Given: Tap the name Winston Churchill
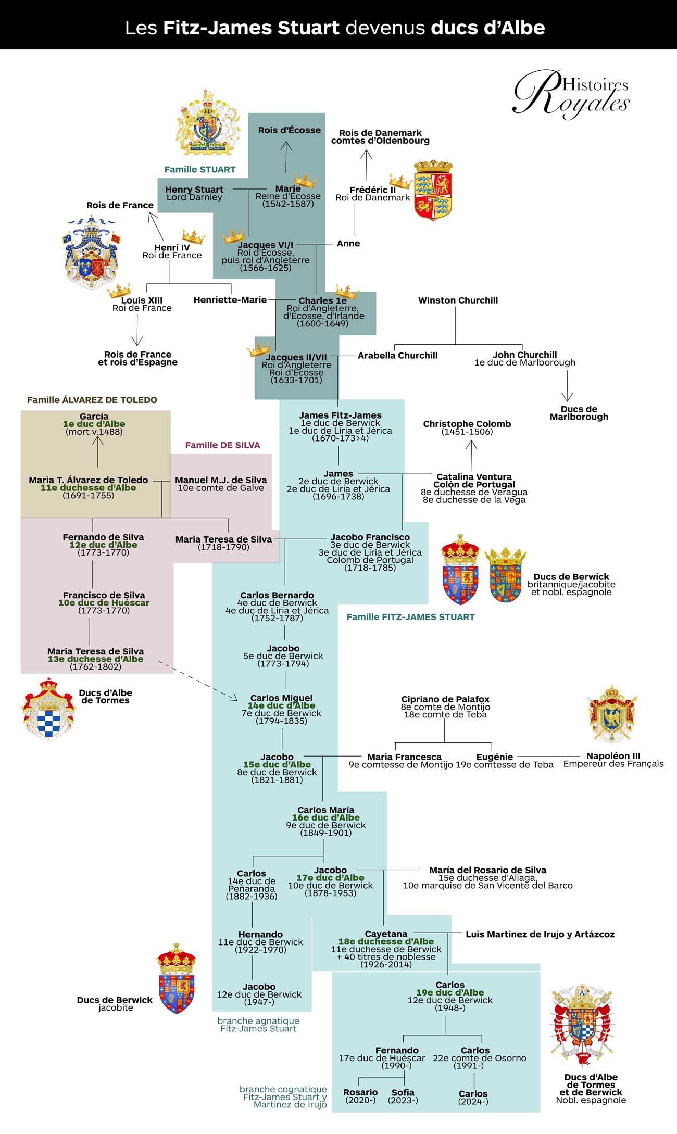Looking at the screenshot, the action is [458, 300].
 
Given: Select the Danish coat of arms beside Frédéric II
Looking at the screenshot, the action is [433, 191].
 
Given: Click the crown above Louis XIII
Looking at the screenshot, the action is [119, 290].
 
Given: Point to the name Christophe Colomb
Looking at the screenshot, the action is [467, 424].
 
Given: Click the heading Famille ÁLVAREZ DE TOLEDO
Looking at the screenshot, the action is [92, 400].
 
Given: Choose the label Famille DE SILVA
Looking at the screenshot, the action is [222, 445].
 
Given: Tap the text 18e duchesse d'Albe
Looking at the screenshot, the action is [386, 941].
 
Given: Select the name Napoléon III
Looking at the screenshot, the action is [613, 756].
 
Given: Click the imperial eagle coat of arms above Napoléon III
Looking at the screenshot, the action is [612, 713].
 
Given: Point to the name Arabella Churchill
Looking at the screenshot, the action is [397, 356].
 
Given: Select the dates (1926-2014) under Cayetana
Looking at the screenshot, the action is [386, 964].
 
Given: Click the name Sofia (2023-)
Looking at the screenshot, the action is [403, 1096].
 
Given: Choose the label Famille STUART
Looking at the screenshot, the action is [200, 169].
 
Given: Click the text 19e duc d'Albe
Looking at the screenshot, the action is [450, 992].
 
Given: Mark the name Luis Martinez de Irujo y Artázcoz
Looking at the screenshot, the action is [540, 934].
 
